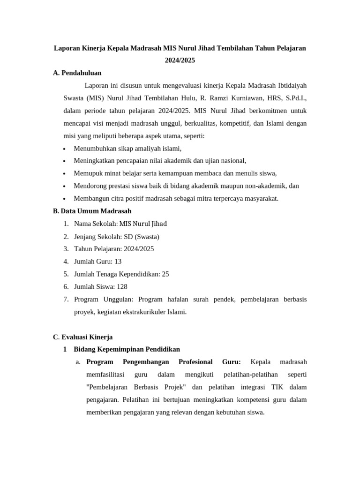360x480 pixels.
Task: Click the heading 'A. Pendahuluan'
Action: click(77, 73)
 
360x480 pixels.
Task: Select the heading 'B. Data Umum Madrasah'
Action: click(92, 211)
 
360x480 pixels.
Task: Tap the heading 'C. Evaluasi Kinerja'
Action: click(83, 337)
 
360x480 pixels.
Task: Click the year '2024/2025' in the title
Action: click(180, 60)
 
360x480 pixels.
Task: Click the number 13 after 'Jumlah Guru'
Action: click(118, 262)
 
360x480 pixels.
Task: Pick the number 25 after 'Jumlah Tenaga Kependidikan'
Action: click(165, 274)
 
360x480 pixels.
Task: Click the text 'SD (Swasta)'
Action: click(142, 236)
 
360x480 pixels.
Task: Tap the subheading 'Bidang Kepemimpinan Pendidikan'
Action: click(127, 350)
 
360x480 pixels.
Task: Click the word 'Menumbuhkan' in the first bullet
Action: click(93, 149)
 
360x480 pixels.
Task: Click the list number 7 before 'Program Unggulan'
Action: click(66, 300)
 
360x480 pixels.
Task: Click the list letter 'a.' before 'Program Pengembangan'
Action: click(78, 362)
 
